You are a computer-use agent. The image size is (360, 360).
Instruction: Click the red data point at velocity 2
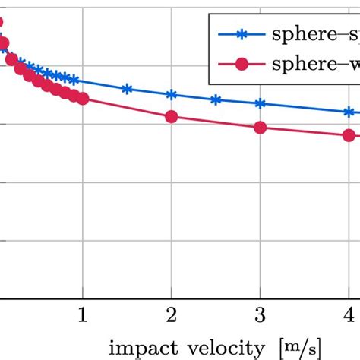pyautogui.click(x=172, y=116)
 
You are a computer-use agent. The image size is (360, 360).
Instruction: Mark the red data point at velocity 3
pyautogui.click(x=261, y=128)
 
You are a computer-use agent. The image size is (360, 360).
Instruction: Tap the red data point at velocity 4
pyautogui.click(x=349, y=135)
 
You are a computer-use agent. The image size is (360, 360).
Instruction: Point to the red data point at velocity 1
pyautogui.click(x=83, y=98)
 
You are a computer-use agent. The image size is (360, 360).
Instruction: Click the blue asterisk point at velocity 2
pyautogui.click(x=172, y=95)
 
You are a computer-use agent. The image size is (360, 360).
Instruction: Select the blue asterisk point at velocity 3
pyautogui.click(x=261, y=103)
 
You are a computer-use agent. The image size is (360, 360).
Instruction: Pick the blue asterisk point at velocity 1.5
pyautogui.click(x=127, y=89)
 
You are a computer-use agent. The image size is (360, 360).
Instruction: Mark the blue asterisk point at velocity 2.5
pyautogui.click(x=216, y=99)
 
